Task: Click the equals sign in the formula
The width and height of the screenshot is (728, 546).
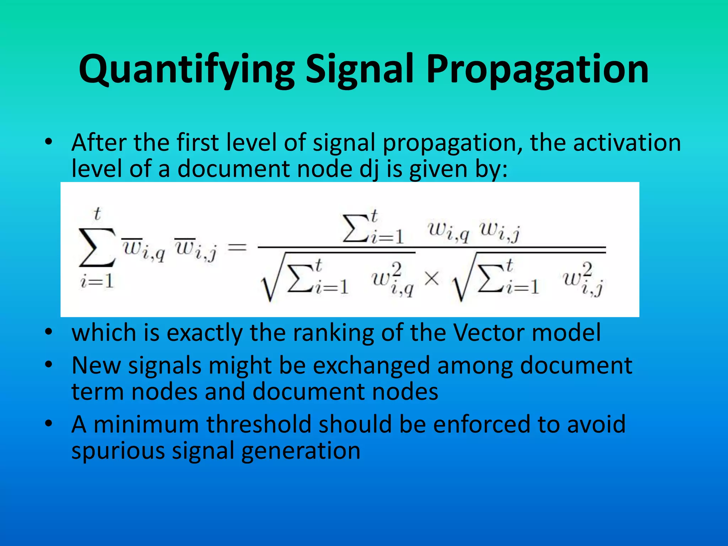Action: point(237,247)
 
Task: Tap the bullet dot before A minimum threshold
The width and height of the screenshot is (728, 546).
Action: point(49,423)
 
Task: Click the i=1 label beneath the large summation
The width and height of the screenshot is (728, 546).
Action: point(97,282)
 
